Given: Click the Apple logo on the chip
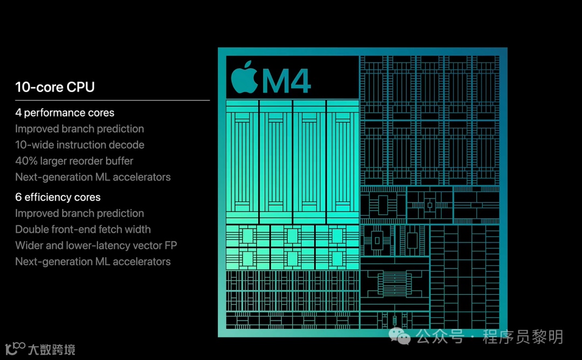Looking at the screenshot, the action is (244, 78).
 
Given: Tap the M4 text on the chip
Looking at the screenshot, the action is (286, 81).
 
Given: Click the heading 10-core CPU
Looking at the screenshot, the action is (55, 87).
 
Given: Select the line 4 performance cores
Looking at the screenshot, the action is (65, 113).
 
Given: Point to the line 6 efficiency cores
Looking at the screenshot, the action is (58, 197).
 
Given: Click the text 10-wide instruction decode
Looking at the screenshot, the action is (80, 145).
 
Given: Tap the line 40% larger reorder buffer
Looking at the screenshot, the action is (74, 161).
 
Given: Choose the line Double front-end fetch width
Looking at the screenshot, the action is (83, 230).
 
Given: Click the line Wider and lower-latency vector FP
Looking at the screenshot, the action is (96, 246).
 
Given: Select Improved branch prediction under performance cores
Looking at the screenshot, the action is (79, 129).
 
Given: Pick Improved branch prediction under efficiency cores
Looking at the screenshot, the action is (79, 213).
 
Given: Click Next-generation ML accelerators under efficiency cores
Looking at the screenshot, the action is (93, 262).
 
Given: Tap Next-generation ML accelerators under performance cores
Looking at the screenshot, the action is (93, 177).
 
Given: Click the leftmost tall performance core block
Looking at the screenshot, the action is (242, 162).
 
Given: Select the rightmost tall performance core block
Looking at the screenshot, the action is (342, 162).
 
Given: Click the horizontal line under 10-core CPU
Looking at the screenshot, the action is (112, 100).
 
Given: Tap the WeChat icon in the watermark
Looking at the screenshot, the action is (400, 337).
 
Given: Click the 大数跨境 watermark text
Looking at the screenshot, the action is (51, 349).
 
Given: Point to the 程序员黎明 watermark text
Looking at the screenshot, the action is (523, 337).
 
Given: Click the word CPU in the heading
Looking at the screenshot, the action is (81, 87).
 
